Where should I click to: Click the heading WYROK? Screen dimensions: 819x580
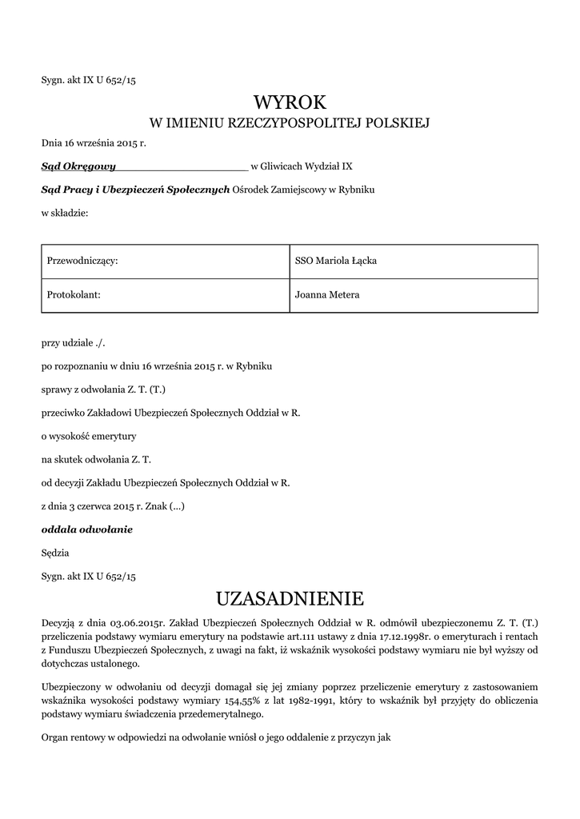(x=290, y=102)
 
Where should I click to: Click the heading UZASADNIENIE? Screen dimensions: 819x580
(x=290, y=598)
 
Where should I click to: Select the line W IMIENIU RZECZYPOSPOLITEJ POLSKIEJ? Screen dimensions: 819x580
(x=290, y=123)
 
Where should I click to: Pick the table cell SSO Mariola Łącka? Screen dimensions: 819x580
(x=336, y=261)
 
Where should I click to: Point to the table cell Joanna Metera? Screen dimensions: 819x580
(x=327, y=295)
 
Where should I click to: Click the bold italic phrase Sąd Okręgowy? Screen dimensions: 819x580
(x=78, y=166)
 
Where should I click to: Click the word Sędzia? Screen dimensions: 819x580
(x=55, y=552)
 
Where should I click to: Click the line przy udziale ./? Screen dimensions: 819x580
(x=74, y=343)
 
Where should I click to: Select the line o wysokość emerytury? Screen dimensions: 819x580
(x=89, y=436)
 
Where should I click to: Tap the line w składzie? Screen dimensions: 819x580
(x=65, y=213)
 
